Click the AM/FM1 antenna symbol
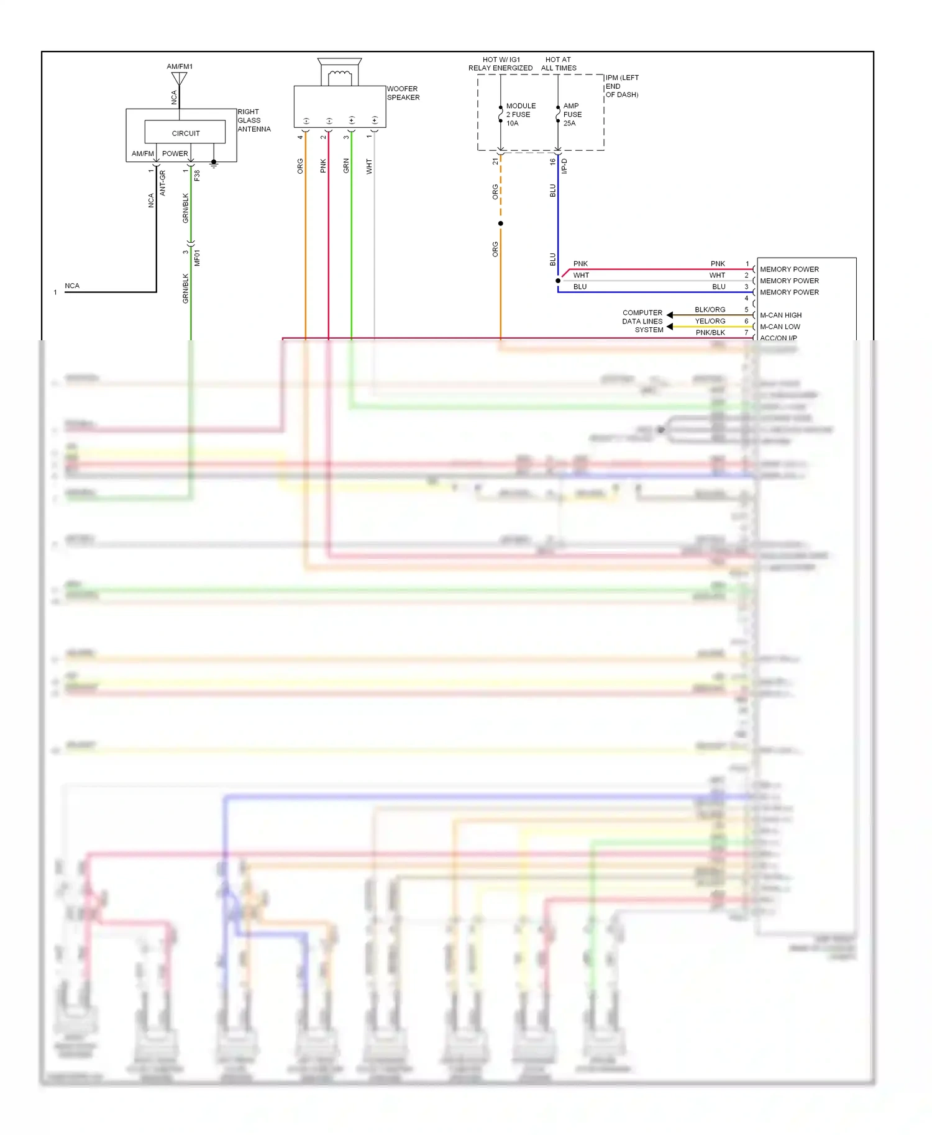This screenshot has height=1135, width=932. click(179, 79)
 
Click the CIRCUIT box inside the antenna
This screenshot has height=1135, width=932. click(185, 132)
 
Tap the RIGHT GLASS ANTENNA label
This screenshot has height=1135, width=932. click(254, 120)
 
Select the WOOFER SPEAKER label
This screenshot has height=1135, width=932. click(403, 93)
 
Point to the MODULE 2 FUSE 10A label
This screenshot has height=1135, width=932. click(520, 115)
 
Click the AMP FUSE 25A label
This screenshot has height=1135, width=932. click(572, 115)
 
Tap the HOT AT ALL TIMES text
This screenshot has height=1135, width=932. click(558, 64)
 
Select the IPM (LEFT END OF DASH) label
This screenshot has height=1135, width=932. click(621, 86)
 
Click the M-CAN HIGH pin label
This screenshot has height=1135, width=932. click(780, 315)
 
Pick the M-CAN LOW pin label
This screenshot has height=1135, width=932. click(780, 327)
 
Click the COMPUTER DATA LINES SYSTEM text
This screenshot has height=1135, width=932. click(642, 322)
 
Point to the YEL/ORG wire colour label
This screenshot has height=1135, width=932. click(710, 321)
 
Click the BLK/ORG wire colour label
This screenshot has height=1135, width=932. click(710, 309)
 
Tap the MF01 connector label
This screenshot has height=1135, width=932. click(197, 258)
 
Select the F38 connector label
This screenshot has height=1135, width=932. click(197, 176)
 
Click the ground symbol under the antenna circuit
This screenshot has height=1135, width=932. click(214, 164)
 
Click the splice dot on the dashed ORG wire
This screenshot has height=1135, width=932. click(500, 224)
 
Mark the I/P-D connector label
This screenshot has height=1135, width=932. click(564, 166)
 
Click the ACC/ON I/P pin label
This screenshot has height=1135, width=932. click(778, 338)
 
